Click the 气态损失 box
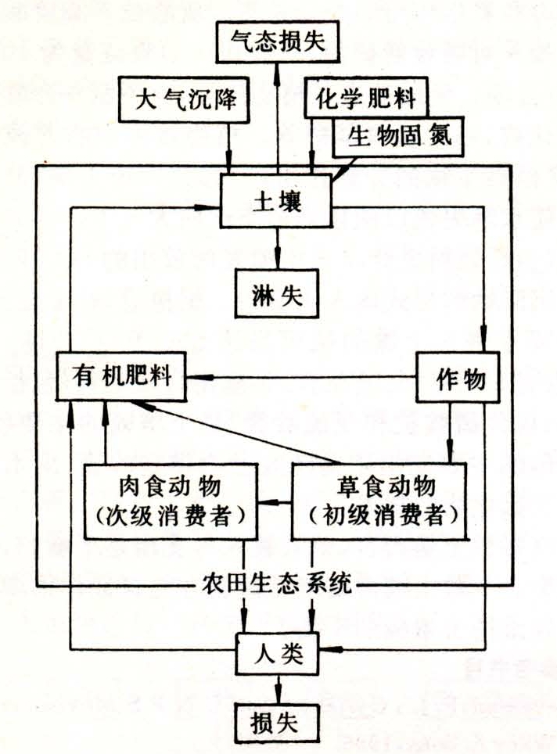tap(278, 41)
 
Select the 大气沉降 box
tap(185, 99)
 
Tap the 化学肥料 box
tap(365, 97)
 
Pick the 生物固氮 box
tap(398, 137)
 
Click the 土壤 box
tap(277, 200)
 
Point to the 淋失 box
tap(277, 293)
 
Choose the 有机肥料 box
tap(120, 376)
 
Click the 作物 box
tap(458, 378)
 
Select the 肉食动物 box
tap(171, 501)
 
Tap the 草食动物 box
tap(379, 501)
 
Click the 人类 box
tap(277, 654)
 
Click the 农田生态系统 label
tap(277, 583)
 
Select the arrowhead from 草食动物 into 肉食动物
tap(268, 502)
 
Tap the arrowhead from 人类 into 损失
tap(278, 695)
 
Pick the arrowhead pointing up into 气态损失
tap(277, 72)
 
